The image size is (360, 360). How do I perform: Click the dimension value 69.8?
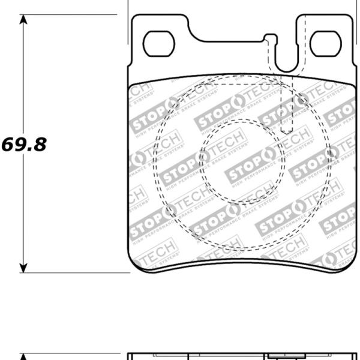pos(25,145)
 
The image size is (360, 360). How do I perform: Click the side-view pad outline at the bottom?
pos(240,355)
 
